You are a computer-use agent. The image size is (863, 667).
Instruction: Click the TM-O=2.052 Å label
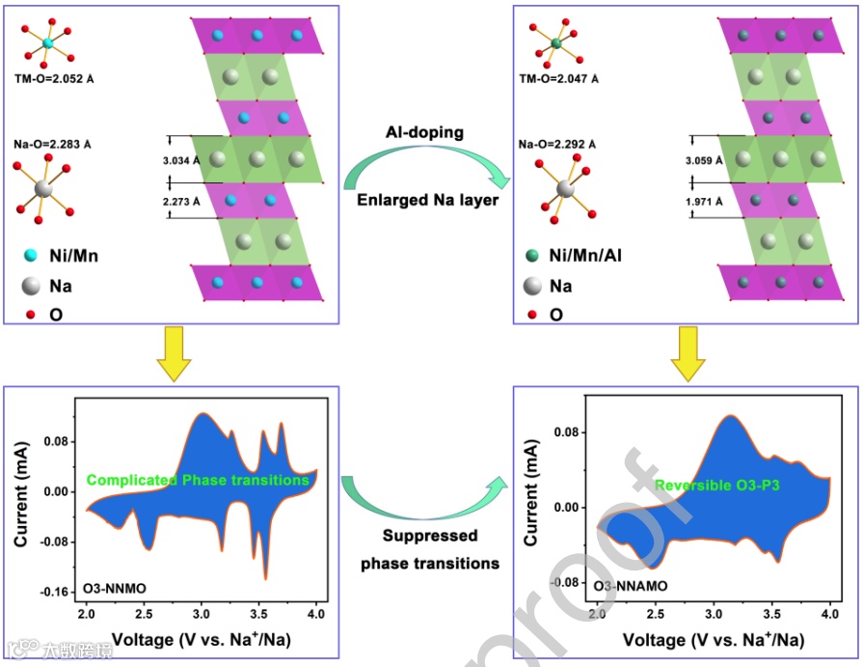coord(59,78)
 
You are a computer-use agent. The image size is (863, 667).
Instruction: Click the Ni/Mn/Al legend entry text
coord(594,257)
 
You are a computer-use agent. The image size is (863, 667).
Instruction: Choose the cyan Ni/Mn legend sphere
coord(31,256)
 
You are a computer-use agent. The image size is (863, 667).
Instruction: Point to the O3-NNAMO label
coord(631,586)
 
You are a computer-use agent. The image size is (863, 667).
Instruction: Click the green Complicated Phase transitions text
coord(198,480)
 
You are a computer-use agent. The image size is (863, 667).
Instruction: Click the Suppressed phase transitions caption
coord(430,549)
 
